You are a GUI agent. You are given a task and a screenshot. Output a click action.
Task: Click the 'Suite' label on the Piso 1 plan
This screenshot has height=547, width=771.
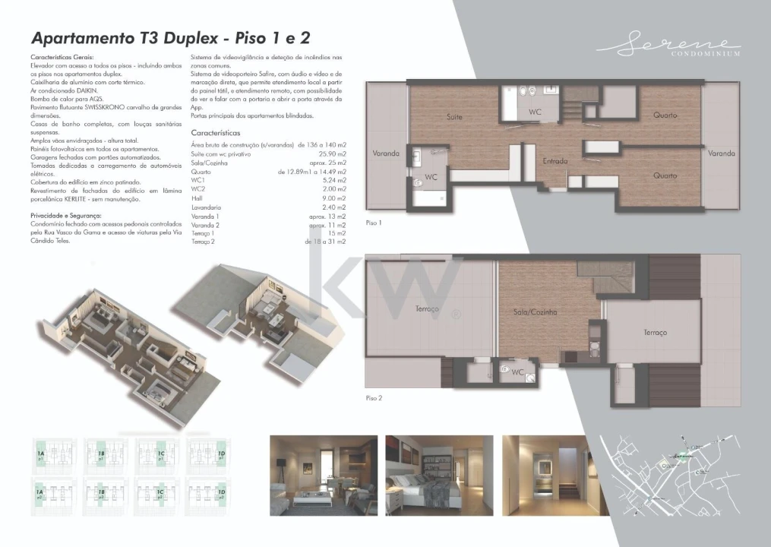tap(454, 117)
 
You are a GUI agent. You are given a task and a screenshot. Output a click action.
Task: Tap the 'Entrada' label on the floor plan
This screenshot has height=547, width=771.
tap(556, 161)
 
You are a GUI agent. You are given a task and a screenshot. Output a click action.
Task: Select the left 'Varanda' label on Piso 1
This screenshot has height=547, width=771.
tap(386, 153)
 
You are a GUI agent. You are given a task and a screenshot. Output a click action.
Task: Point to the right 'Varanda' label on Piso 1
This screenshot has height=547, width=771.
tap(721, 153)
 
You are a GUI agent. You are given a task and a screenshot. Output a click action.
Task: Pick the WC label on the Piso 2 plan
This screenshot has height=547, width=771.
tap(518, 372)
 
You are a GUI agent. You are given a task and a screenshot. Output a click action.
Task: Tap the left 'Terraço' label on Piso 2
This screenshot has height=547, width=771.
tap(428, 309)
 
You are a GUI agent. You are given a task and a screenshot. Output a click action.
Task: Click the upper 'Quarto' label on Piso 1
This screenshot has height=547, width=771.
tap(665, 115)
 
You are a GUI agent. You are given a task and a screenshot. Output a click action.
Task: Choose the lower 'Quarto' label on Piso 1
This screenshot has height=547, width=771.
tap(665, 175)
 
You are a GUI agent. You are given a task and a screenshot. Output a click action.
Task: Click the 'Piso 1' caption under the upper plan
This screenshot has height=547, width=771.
tap(374, 223)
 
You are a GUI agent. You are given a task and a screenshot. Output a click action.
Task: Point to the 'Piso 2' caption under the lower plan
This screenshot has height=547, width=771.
tap(374, 397)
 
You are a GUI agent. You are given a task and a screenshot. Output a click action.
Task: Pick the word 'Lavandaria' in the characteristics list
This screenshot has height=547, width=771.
tap(207, 207)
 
